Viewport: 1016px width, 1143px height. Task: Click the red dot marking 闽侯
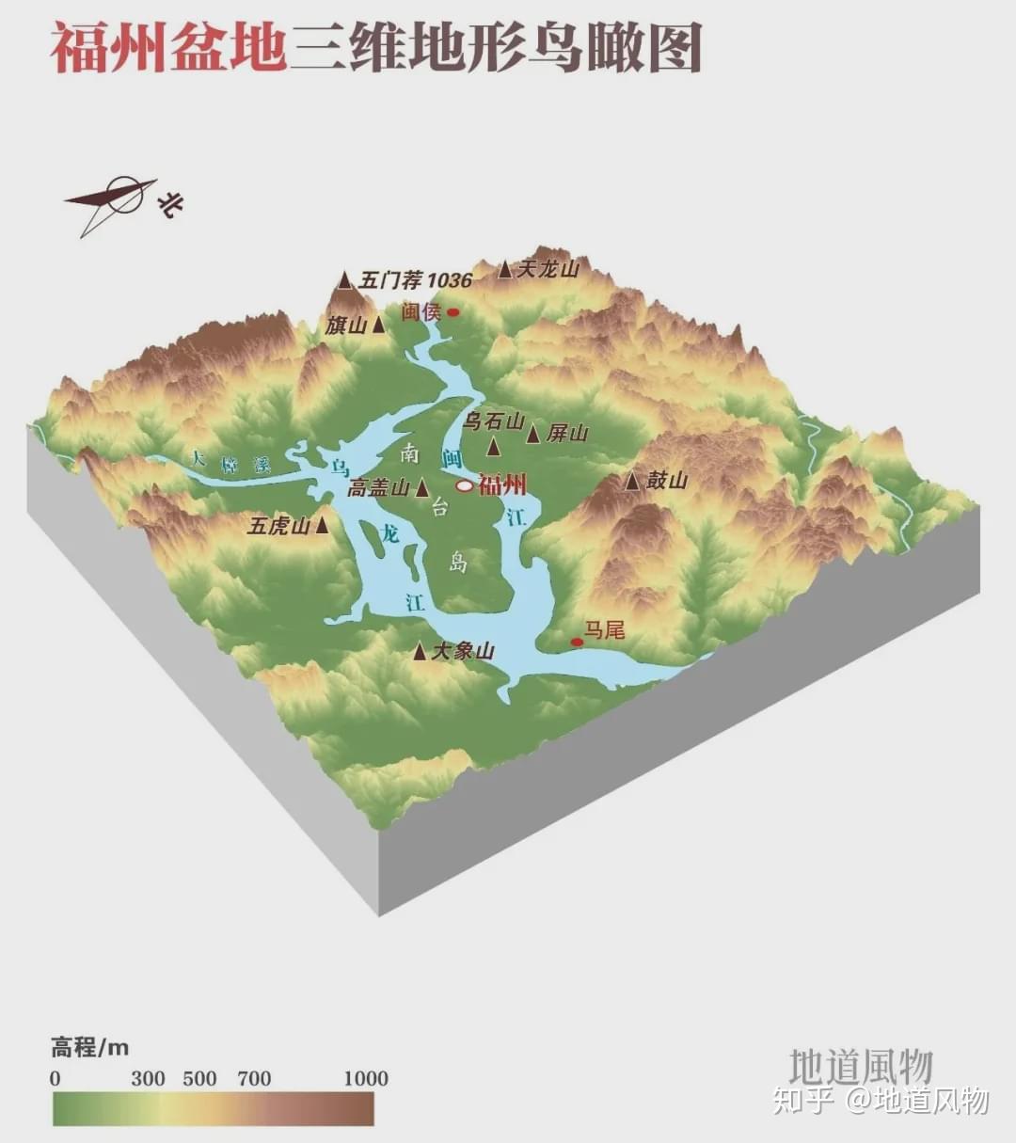click(452, 312)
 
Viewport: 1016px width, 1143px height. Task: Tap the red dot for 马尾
click(577, 643)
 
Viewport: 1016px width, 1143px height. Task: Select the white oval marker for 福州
click(465, 485)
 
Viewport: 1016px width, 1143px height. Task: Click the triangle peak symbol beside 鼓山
click(633, 482)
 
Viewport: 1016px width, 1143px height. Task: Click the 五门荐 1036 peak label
click(415, 280)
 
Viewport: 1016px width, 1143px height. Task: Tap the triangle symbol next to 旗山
click(378, 325)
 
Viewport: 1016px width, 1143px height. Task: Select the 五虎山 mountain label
click(278, 526)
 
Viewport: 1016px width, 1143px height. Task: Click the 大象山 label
click(463, 651)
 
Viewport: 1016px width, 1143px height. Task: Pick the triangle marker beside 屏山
click(533, 434)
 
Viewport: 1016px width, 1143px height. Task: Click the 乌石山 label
click(494, 421)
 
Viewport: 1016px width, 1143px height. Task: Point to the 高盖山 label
click(378, 488)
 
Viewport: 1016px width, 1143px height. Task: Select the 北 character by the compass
click(170, 203)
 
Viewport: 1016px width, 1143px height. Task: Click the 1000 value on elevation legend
click(365, 1078)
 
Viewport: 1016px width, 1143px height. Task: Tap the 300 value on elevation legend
click(148, 1078)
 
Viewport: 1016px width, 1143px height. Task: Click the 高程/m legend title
click(90, 1047)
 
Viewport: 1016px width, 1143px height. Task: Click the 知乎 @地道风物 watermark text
click(880, 1100)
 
